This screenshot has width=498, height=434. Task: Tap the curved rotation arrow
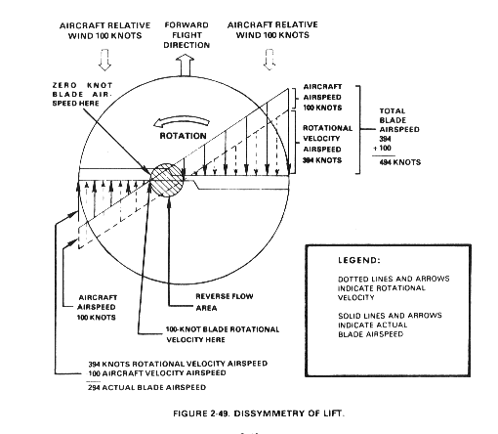[181, 122]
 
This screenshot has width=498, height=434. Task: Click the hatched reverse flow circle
[167, 180]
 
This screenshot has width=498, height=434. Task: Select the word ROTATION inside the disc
[183, 136]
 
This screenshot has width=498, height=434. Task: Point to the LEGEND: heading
[359, 260]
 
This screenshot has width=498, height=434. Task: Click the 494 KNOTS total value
[400, 162]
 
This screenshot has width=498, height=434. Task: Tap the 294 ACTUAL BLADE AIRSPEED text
[146, 387]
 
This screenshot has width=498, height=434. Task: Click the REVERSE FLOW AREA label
[225, 302]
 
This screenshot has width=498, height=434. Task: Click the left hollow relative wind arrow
[104, 60]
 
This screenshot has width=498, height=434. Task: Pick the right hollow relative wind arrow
[270, 60]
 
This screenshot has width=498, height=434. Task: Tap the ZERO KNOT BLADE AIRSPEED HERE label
[82, 94]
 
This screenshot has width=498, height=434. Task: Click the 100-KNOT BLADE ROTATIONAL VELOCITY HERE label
[223, 334]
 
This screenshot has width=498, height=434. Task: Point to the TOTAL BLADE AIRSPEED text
[399, 120]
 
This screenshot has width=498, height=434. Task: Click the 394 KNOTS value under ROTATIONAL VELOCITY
[322, 160]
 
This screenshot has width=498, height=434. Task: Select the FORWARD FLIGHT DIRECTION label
[187, 35]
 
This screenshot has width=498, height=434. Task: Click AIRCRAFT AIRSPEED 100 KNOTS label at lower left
[97, 307]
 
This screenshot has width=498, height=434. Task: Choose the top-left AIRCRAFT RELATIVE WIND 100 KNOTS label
[105, 30]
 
